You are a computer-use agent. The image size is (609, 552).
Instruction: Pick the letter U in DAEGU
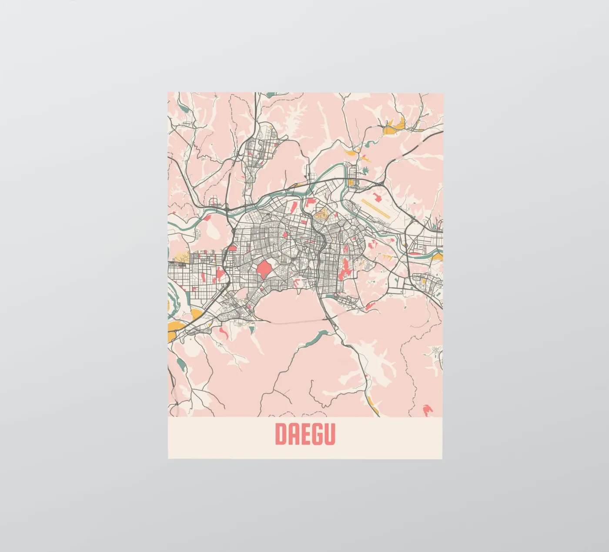coord(329,434)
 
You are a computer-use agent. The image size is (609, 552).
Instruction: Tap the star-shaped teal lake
coord(365,170)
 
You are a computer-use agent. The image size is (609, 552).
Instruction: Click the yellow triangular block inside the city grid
coord(322,214)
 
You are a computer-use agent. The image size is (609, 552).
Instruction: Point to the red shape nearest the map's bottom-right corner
coord(427,409)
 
